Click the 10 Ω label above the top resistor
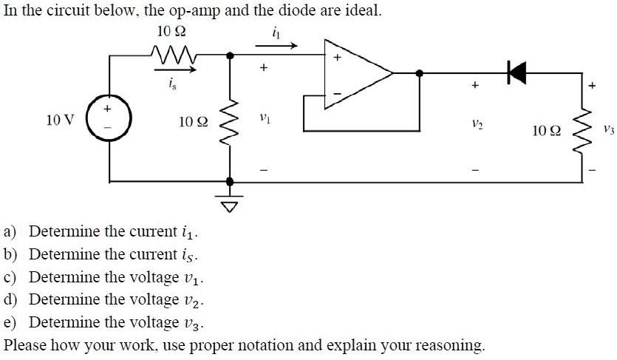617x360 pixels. (x=171, y=31)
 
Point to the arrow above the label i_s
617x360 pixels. (x=176, y=71)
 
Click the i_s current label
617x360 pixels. (x=174, y=86)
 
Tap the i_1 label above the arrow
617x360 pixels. (x=276, y=32)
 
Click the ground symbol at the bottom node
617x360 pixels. (x=231, y=203)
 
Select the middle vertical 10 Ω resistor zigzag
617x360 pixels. (x=231, y=121)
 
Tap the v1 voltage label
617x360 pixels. (x=263, y=118)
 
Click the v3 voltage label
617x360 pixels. (x=607, y=130)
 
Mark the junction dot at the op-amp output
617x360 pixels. (x=420, y=73)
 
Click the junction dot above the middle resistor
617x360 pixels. (x=231, y=55)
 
